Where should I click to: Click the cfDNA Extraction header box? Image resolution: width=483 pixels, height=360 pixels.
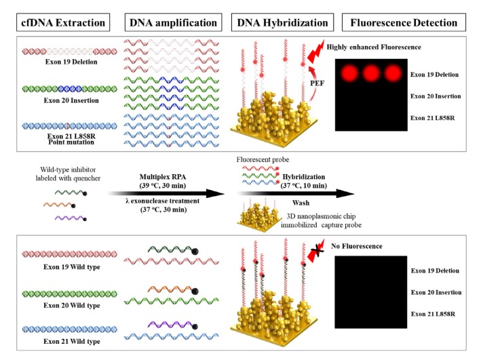coord(60,23)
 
